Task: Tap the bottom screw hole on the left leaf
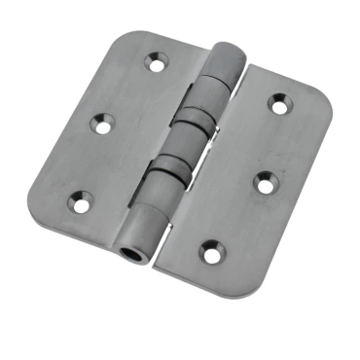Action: coord(79,202)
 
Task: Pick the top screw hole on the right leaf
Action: coord(280,101)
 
